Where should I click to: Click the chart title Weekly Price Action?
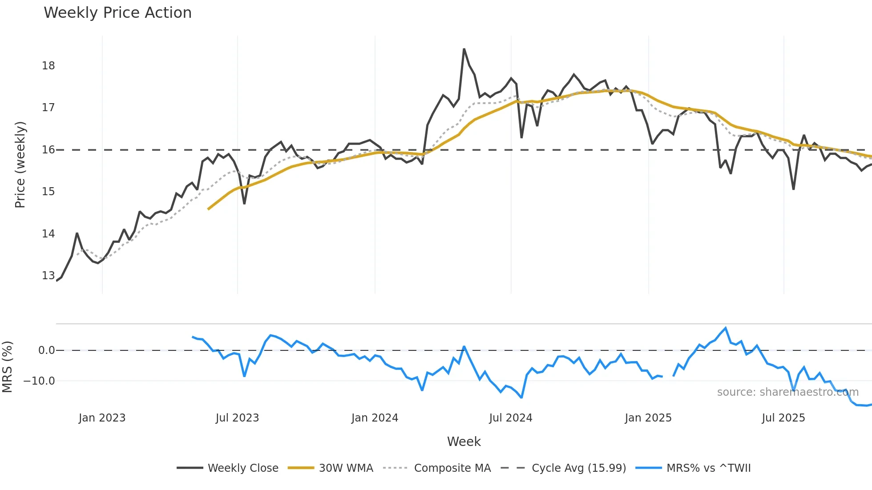click(x=117, y=13)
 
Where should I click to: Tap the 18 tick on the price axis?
click(x=48, y=66)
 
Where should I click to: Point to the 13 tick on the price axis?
click(x=48, y=276)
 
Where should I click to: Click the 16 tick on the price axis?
click(x=48, y=150)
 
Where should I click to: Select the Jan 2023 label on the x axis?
click(x=102, y=418)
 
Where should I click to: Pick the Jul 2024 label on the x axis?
click(x=510, y=418)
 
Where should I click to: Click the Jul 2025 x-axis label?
click(x=783, y=418)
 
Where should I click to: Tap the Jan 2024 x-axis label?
click(x=375, y=418)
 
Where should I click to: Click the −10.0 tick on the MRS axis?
click(x=39, y=381)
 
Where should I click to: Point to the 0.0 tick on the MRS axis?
click(x=46, y=350)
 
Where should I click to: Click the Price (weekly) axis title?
click(x=20, y=165)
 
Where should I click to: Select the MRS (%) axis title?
click(x=7, y=367)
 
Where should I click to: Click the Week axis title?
click(x=464, y=442)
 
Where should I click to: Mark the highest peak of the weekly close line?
click(x=464, y=49)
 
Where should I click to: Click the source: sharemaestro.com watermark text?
click(x=787, y=392)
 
